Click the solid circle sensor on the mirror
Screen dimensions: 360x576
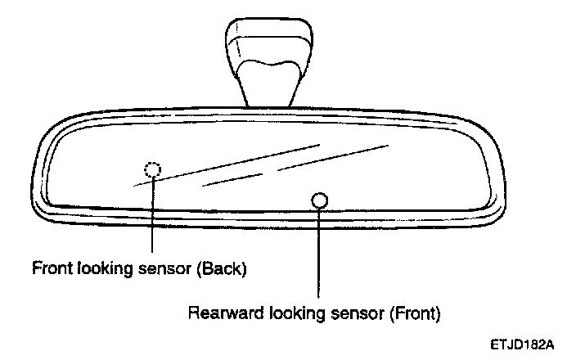[x=319, y=200]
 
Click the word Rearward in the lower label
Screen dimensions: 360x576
[x=219, y=313]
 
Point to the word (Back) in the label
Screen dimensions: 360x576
[x=221, y=268]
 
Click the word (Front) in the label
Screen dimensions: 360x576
[x=416, y=313]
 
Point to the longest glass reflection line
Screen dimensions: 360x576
[x=225, y=166]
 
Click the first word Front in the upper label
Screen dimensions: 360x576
[x=49, y=268]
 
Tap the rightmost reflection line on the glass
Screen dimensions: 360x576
[x=332, y=159]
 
